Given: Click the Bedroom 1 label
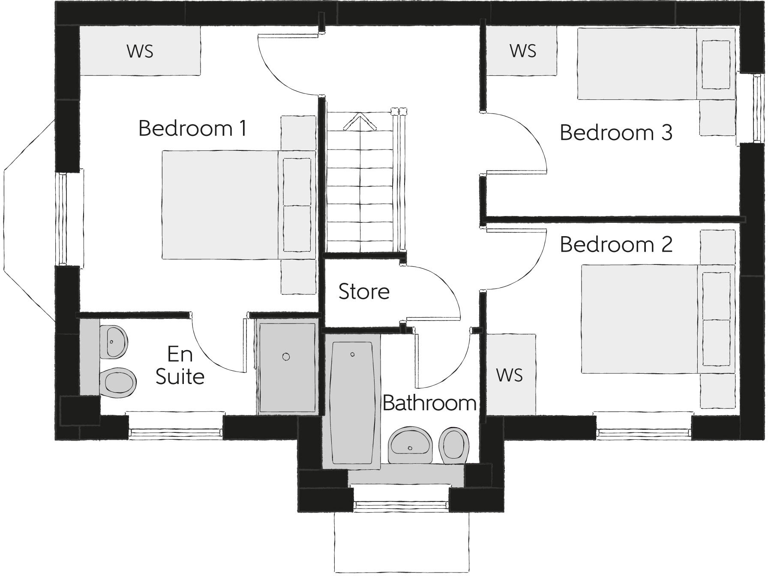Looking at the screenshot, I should [x=192, y=128].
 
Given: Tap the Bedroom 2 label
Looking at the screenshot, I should [x=616, y=245].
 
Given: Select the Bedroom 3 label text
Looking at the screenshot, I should [x=616, y=132].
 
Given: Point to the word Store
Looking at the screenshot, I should [x=364, y=291].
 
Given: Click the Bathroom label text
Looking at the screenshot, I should [x=429, y=403].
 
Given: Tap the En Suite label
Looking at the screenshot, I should [x=180, y=366].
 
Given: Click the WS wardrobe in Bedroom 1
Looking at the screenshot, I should [x=140, y=51].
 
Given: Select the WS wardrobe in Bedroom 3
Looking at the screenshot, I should [x=522, y=51].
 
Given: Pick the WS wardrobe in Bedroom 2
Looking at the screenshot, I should [x=510, y=375].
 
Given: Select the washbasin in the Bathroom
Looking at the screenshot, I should [x=411, y=445].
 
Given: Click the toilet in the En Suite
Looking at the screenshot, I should [x=118, y=382].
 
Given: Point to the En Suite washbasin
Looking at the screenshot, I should [x=114, y=342].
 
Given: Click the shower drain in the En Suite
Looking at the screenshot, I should [x=286, y=357].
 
